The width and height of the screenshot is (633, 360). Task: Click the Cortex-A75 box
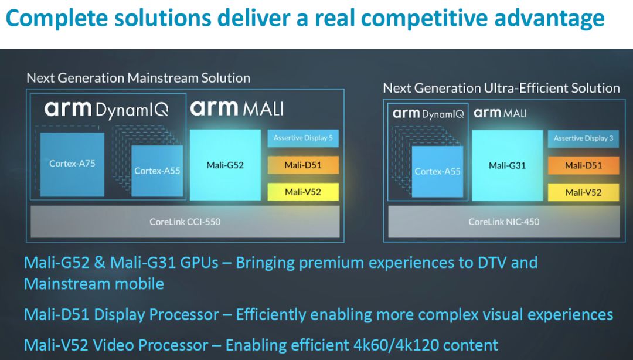[72, 164]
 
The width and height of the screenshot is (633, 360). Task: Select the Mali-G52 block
[225, 165]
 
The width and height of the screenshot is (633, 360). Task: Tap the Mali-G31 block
[507, 165]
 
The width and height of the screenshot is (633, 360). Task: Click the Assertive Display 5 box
[303, 138]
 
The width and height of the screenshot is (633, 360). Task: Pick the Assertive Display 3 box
[583, 138]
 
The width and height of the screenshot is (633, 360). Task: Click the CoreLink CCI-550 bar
[185, 222]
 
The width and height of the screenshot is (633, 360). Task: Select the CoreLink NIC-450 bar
[504, 222]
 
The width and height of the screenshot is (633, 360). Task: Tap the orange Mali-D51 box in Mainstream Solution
[303, 165]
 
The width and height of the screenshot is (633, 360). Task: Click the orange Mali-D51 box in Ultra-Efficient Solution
[583, 166]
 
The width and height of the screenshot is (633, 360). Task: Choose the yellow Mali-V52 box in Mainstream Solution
[303, 192]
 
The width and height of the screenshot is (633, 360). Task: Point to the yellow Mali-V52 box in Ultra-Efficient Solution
[583, 192]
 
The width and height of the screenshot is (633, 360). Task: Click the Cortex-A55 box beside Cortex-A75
[157, 171]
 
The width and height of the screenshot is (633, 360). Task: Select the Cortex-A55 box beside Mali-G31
[438, 172]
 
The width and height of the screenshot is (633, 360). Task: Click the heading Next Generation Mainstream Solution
[138, 78]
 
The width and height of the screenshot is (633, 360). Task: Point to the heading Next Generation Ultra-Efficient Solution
[501, 88]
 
